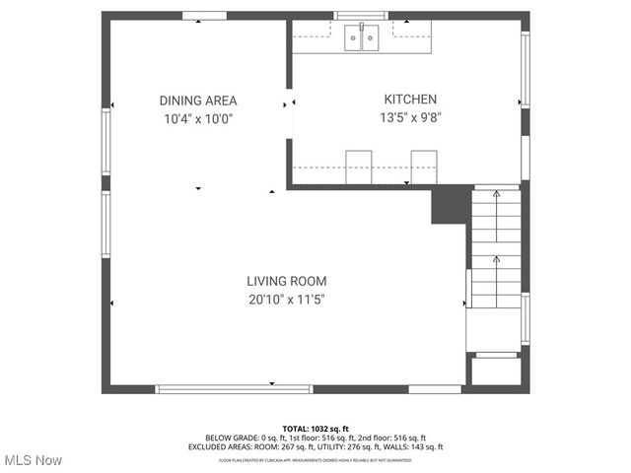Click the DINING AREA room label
tap(198, 101)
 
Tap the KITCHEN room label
tap(410, 100)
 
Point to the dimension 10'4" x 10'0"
tap(198, 119)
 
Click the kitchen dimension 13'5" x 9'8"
tap(410, 118)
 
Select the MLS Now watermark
tap(33, 460)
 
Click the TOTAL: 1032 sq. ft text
tap(315, 429)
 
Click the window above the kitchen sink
tap(361, 16)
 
